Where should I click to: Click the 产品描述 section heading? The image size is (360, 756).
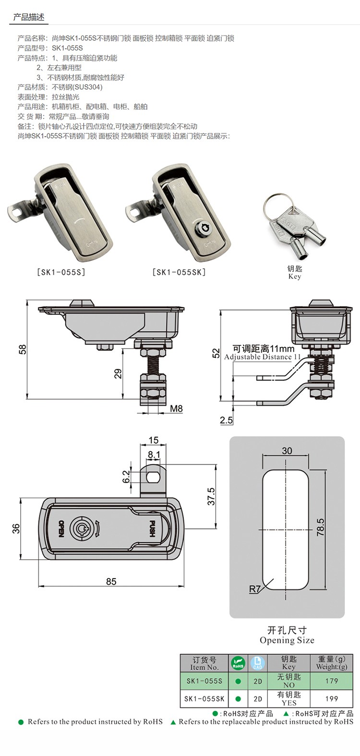point(29,17)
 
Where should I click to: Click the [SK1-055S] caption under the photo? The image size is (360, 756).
point(61,272)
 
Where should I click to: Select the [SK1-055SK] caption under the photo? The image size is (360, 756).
point(179,272)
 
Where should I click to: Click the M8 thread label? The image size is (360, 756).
point(176,409)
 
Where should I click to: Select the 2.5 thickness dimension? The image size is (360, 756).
point(226,420)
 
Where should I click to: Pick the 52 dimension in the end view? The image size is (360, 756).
point(216,354)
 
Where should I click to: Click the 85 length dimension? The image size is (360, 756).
point(111,581)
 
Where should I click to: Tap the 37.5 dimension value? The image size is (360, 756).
point(211,496)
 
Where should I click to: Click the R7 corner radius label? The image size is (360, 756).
point(254,589)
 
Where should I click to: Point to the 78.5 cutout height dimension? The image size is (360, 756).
point(320,527)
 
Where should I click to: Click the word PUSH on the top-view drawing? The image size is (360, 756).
point(152,529)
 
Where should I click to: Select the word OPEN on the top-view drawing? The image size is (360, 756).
point(61,529)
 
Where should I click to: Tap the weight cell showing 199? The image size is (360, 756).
point(331,698)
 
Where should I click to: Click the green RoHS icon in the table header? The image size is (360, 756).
point(238,663)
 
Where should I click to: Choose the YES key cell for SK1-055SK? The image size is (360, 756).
point(289,698)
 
